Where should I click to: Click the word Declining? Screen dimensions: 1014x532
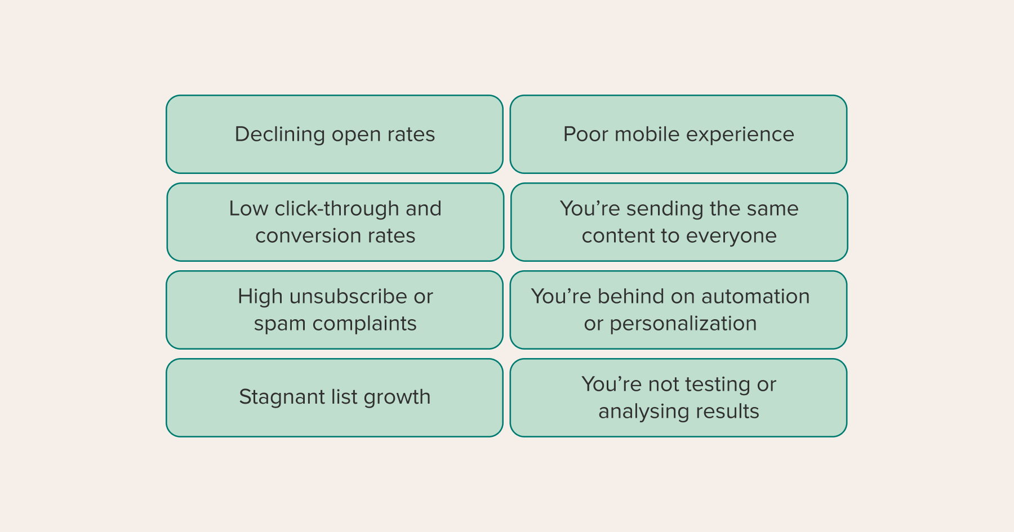(280, 135)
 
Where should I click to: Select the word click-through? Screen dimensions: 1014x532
(337, 209)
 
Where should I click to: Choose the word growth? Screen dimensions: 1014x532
(397, 397)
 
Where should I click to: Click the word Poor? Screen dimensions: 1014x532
(586, 134)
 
